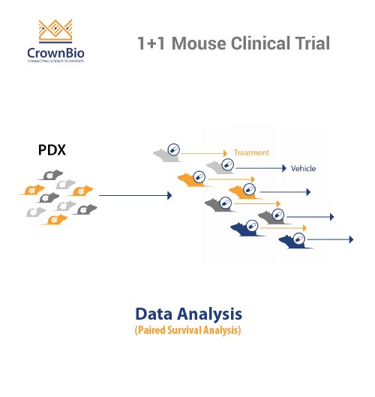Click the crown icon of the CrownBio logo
(56, 31)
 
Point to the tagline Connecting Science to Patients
(57, 63)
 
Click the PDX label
(52, 150)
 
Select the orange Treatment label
(250, 152)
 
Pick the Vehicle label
(304, 169)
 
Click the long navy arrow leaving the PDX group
(135, 195)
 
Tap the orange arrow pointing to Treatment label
(204, 153)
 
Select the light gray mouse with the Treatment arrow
(164, 154)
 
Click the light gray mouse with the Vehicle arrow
(217, 168)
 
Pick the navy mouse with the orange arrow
(244, 227)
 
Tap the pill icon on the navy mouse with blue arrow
(298, 239)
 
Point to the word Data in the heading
(157, 313)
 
